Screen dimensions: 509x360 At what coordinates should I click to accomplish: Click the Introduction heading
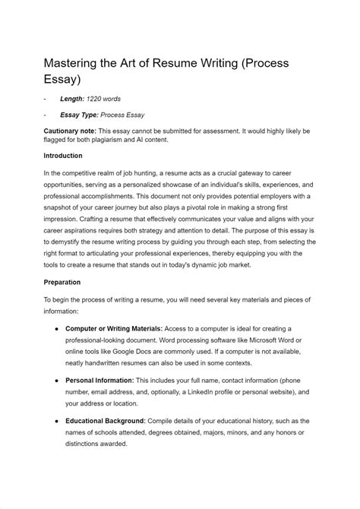click(x=64, y=156)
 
